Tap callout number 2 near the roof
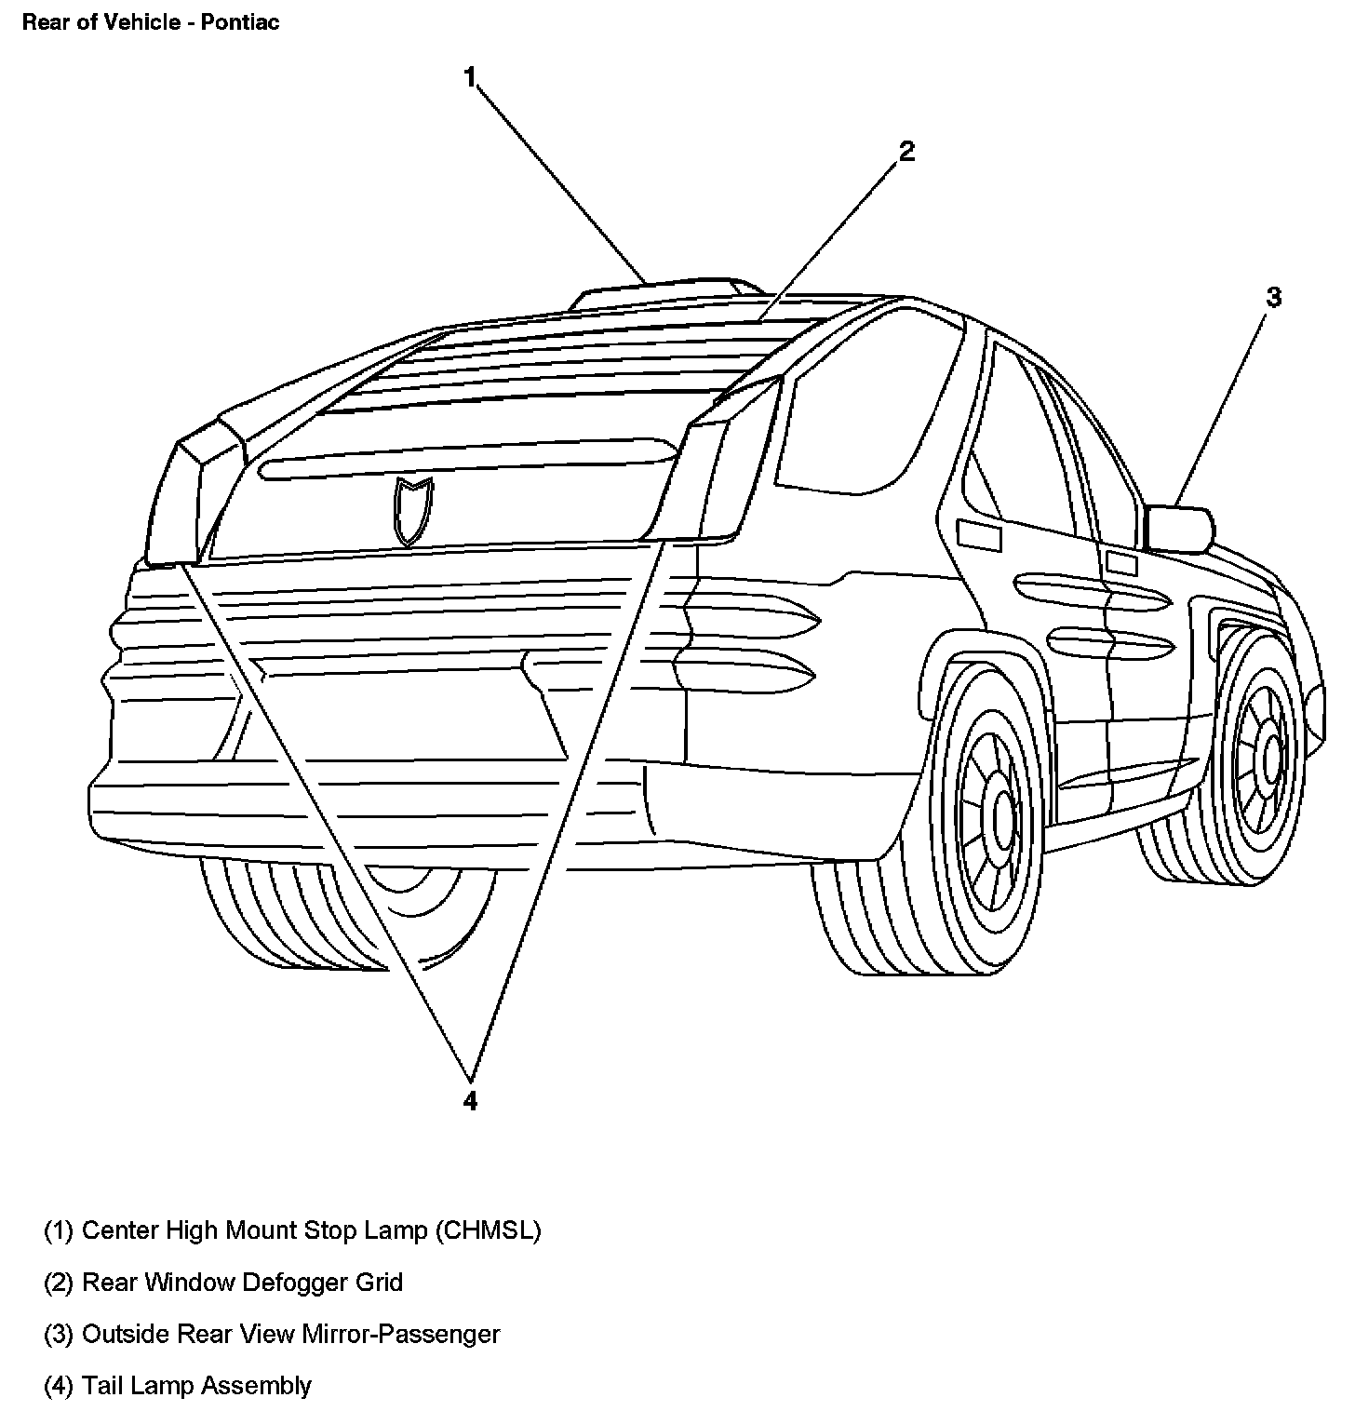[x=906, y=152]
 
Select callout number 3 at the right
[x=1273, y=298]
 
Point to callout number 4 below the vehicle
[x=470, y=1101]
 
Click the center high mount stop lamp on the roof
[x=665, y=292]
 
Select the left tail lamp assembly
[x=177, y=503]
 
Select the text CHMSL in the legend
[x=487, y=1230]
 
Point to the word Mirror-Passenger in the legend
[x=401, y=1334]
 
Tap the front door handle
[x=1121, y=563]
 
